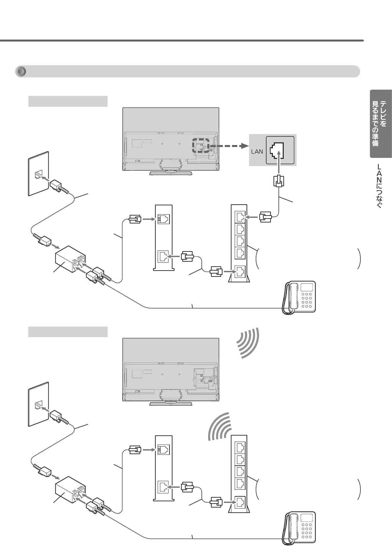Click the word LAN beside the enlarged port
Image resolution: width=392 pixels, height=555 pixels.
tap(257, 152)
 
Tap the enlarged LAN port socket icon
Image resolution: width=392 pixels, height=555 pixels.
tap(277, 150)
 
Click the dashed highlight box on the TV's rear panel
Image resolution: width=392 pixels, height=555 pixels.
tap(201, 146)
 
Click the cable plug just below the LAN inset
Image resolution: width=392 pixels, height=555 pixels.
tap(279, 181)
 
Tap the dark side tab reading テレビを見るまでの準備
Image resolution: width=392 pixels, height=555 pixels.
tap(380, 123)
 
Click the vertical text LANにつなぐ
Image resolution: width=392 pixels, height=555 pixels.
tap(379, 186)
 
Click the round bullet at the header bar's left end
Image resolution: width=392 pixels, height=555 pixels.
tap(21, 72)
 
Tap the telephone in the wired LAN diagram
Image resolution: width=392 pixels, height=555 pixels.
tap(299, 297)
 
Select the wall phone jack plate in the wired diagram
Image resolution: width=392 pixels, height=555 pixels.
tap(39, 174)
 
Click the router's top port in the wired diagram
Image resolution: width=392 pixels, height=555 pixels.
tap(240, 217)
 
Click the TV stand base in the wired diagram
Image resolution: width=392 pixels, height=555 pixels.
tap(170, 172)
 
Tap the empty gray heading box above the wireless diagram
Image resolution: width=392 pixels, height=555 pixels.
tap(68, 332)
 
